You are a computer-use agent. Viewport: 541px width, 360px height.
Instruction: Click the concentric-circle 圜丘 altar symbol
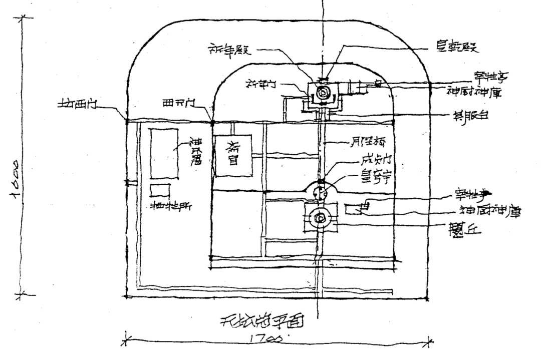point(320,218)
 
